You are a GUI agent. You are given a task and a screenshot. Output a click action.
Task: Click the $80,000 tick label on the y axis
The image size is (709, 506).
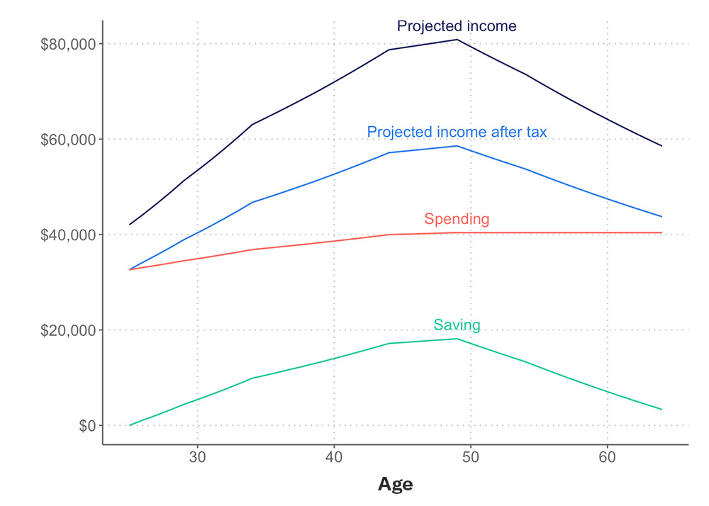(68, 44)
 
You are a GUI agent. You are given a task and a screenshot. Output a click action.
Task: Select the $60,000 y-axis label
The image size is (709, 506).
(68, 140)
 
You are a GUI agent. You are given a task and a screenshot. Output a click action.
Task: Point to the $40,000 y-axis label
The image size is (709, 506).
(68, 235)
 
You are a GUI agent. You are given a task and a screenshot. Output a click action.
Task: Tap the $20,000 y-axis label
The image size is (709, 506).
(68, 330)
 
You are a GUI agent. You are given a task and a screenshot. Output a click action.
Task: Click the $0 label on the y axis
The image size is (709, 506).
(87, 426)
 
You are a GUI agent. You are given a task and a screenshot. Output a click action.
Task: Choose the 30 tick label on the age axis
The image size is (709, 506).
(198, 457)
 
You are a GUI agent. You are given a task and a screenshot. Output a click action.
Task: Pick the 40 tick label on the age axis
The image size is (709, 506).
(334, 457)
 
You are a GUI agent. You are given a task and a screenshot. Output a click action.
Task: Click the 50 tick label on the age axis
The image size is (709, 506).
(471, 457)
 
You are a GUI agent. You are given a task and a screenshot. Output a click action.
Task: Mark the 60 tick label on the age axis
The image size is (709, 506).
(608, 457)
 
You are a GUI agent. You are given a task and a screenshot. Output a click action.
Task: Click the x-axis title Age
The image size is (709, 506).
(396, 485)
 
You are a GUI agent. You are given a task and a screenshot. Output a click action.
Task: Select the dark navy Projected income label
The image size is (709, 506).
(457, 26)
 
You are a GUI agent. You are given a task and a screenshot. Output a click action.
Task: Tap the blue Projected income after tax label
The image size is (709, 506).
(457, 132)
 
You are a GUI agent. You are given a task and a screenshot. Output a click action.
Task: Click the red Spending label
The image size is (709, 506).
(457, 219)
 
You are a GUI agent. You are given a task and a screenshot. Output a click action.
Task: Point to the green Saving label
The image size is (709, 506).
(457, 325)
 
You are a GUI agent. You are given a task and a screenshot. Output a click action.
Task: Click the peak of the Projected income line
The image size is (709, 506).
(457, 40)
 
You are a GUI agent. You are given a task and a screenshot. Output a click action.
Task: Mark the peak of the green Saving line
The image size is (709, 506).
(457, 339)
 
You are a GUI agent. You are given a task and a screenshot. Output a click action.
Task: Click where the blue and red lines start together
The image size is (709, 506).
(130, 270)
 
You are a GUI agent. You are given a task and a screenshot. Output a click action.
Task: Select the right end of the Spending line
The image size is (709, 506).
(661, 232)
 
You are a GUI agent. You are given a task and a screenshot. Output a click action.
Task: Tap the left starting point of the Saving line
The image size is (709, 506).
(130, 425)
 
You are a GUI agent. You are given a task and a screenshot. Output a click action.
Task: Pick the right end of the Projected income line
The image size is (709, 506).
(661, 146)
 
